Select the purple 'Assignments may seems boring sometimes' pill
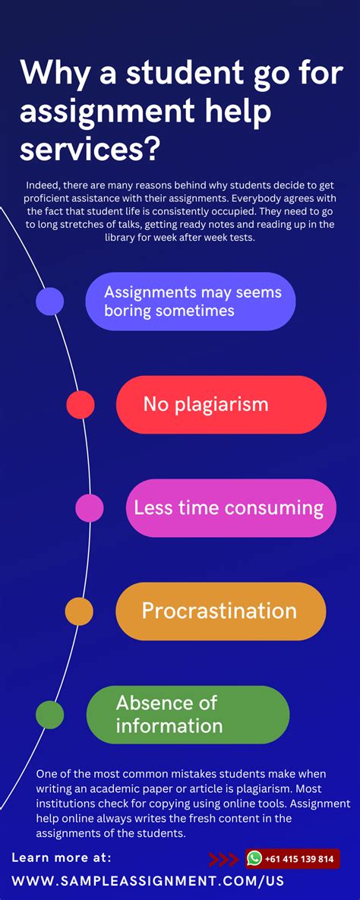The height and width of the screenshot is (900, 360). point(190,302)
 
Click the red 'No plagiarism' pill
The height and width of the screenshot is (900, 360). point(220,404)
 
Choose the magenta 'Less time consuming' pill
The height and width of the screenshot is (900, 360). point(230,507)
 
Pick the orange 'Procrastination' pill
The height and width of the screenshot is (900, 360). point(220,611)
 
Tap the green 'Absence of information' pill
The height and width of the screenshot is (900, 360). point(188,714)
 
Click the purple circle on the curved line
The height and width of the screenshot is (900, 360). point(50,302)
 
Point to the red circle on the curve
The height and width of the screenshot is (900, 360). point(81,404)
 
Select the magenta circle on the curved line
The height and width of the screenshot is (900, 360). point(90,507)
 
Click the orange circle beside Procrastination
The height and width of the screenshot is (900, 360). point(79,611)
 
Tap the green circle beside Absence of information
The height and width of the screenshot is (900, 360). point(50,714)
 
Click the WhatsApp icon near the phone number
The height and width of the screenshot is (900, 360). point(254,858)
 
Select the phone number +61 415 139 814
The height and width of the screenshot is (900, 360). point(299,859)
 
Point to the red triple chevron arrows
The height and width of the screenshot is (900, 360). point(223,859)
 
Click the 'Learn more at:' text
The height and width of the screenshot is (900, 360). point(62,857)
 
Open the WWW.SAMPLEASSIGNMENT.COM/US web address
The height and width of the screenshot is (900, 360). point(147,882)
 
